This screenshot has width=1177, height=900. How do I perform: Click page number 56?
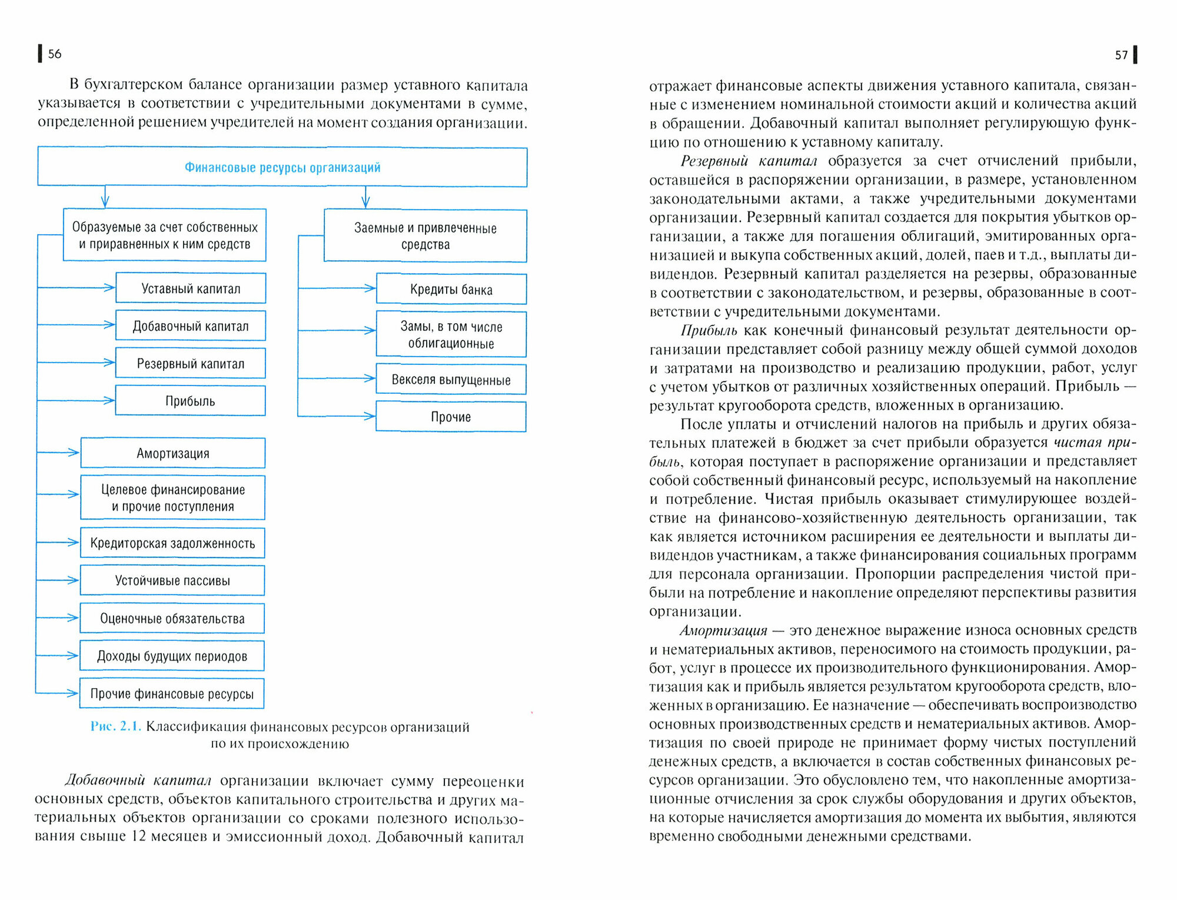(x=54, y=54)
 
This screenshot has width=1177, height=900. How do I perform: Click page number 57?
(x=1121, y=55)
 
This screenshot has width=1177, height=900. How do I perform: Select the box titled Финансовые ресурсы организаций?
(x=282, y=167)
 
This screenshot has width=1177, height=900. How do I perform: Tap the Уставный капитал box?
(x=191, y=288)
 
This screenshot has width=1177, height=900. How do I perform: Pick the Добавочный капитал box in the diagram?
(x=191, y=326)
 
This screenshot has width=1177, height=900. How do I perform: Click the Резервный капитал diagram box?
(x=191, y=364)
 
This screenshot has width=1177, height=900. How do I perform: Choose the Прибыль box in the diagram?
(x=190, y=401)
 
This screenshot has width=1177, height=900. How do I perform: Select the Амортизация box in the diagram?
(x=173, y=453)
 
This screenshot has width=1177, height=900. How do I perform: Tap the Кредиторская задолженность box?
(x=172, y=543)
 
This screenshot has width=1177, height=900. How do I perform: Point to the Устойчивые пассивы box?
(x=172, y=580)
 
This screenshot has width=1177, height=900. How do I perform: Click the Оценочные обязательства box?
(x=172, y=619)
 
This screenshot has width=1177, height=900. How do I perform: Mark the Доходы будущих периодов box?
(x=172, y=656)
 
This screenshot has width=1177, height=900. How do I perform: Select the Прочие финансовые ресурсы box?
(x=172, y=694)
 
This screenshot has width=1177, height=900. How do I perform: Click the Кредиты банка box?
(x=451, y=289)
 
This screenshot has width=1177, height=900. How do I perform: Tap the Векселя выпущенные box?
(x=451, y=380)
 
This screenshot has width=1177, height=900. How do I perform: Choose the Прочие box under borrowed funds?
(x=451, y=417)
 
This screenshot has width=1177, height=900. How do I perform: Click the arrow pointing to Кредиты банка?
(x=369, y=288)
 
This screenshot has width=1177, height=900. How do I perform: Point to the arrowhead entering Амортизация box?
(x=74, y=453)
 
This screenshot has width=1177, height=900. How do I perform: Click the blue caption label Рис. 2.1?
(x=115, y=726)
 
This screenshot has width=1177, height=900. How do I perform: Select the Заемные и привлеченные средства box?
(x=425, y=236)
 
